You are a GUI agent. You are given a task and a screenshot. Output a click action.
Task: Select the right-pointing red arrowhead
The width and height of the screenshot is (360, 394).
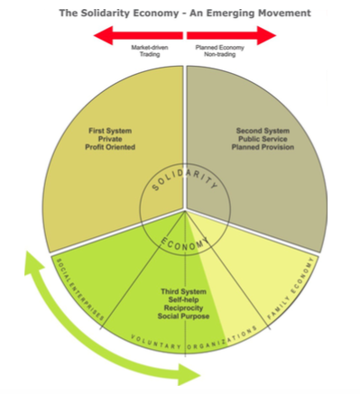point(268,34)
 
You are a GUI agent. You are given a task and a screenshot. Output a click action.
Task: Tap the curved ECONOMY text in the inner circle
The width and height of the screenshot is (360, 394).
point(186,240)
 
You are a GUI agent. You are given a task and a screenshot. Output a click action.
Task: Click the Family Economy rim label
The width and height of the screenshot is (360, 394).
point(292,289)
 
